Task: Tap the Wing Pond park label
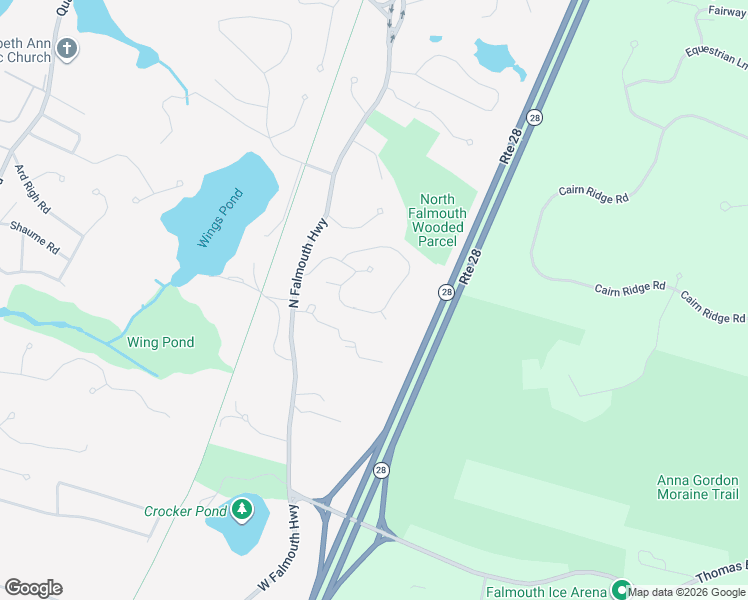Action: click(x=160, y=342)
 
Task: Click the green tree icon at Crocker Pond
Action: click(x=241, y=511)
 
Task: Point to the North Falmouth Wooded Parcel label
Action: click(x=438, y=220)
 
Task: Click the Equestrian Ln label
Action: click(x=716, y=56)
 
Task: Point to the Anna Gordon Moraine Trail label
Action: click(x=697, y=487)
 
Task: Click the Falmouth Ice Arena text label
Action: click(x=546, y=592)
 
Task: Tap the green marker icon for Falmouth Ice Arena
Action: click(x=621, y=590)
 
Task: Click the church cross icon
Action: click(x=67, y=49)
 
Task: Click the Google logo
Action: click(x=33, y=588)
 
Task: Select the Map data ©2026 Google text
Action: click(x=687, y=592)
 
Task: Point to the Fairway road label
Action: click(x=727, y=11)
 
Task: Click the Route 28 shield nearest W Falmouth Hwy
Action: click(x=381, y=469)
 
